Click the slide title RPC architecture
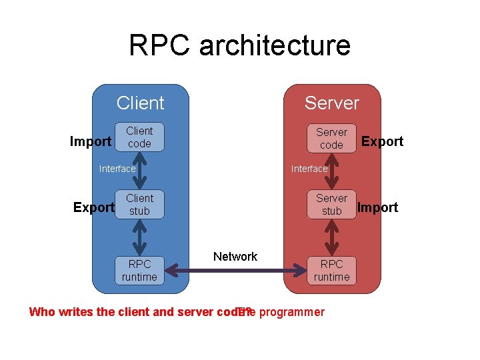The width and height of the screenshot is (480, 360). [x=239, y=45]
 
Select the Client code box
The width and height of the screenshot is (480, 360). [x=139, y=137]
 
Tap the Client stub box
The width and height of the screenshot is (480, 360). [x=139, y=205]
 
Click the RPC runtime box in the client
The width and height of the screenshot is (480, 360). [x=139, y=270]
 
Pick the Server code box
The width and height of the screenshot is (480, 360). [x=331, y=138]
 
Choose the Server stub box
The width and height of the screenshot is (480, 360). [x=331, y=205]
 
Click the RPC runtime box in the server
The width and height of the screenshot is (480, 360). [x=331, y=270]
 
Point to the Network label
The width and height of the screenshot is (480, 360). [x=235, y=257]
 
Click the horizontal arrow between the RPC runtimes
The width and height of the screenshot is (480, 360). [x=235, y=271]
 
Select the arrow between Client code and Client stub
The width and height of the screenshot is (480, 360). [x=139, y=171]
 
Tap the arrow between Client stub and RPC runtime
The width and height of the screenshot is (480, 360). [x=139, y=237]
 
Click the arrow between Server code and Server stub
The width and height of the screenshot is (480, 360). [x=331, y=171]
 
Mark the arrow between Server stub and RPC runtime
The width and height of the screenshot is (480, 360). [x=331, y=237]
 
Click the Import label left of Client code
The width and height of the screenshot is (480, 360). [x=91, y=141]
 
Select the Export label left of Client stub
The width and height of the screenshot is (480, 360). [x=93, y=207]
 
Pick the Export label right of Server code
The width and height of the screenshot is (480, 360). [x=382, y=141]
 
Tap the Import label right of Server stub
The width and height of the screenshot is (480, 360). [x=377, y=207]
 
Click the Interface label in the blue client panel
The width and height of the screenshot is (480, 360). [x=117, y=169]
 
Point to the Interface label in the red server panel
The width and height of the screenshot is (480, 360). [x=309, y=169]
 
